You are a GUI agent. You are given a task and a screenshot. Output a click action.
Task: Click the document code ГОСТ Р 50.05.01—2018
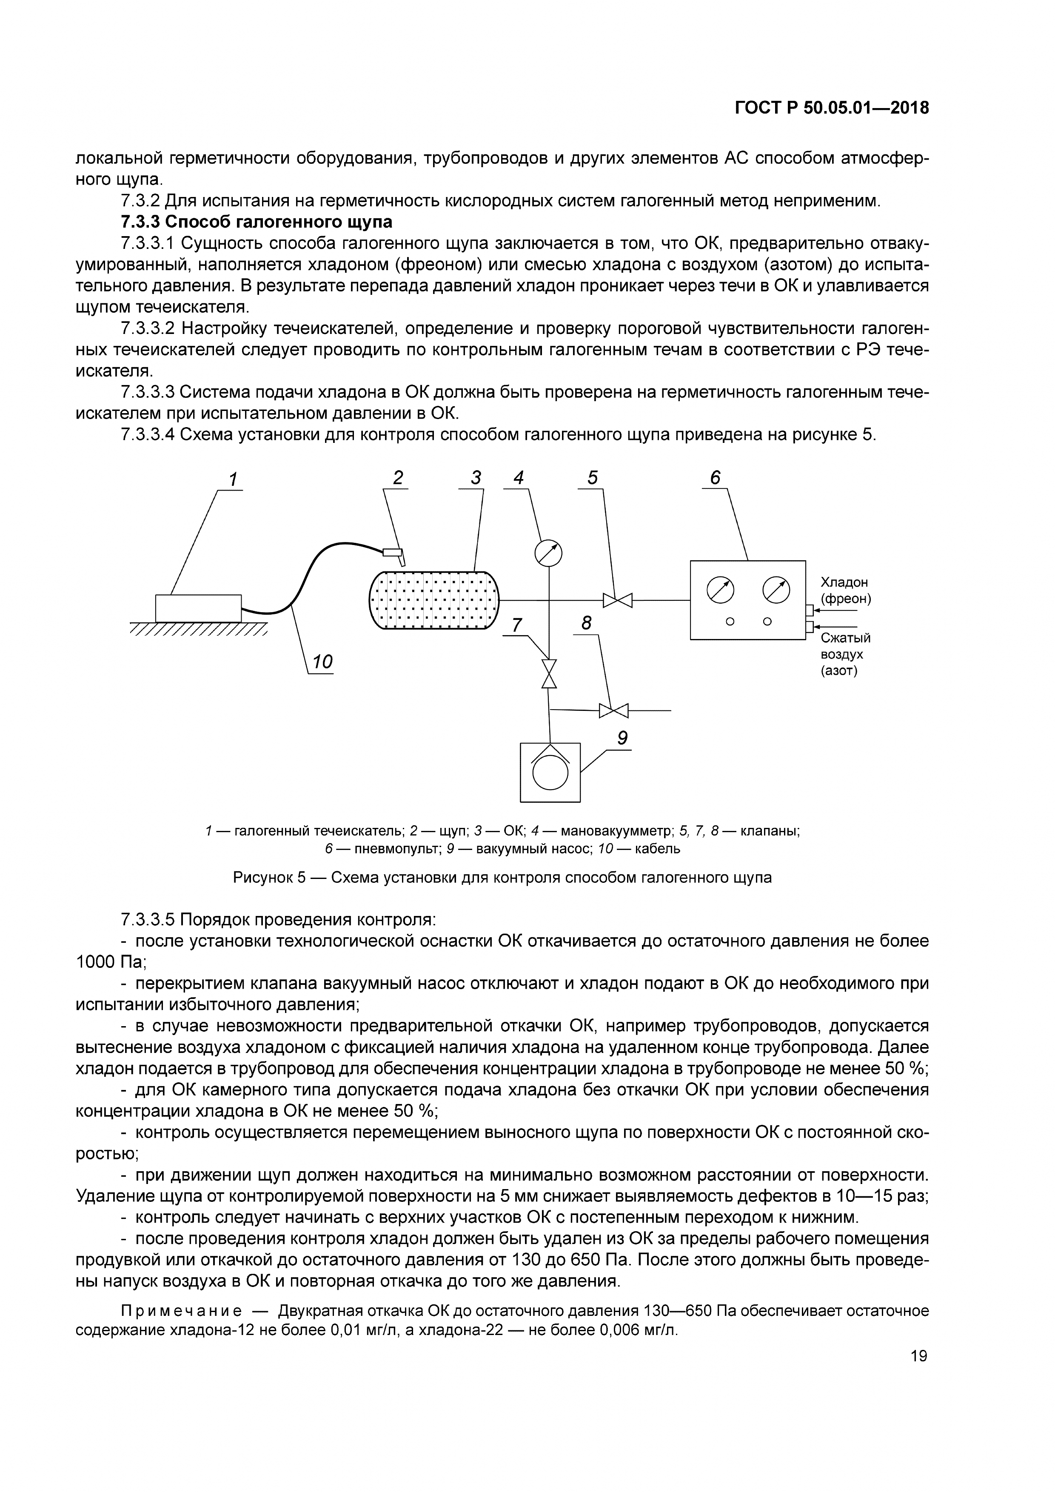832,108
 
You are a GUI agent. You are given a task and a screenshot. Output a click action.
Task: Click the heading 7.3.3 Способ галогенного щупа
256,222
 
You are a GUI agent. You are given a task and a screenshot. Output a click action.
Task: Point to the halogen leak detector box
198,608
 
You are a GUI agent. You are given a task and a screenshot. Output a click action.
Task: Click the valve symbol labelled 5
618,600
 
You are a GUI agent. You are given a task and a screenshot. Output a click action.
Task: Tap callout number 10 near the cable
322,662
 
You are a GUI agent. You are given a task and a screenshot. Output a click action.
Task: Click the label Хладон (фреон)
844,590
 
